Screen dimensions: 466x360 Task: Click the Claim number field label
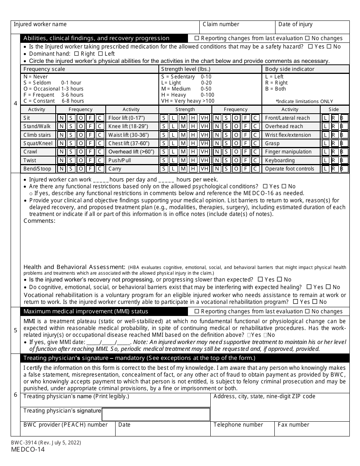(221, 24)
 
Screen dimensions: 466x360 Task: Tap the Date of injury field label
(295, 24)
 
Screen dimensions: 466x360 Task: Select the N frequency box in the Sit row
(61, 118)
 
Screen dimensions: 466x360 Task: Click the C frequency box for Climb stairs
(99, 135)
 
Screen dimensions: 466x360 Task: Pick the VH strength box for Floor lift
(204, 118)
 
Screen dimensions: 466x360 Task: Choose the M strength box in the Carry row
(183, 169)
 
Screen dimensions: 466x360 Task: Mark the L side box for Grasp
(325, 143)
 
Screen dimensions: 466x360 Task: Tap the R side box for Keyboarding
(334, 160)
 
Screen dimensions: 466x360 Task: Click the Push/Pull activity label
(120, 160)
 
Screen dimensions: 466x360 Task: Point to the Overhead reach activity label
(284, 127)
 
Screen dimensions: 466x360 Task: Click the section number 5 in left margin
(16, 330)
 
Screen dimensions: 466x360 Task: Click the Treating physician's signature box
(156, 414)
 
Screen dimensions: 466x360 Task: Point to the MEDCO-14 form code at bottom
(28, 450)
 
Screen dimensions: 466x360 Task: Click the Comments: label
(39, 221)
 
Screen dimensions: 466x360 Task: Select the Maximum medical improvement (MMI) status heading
(86, 311)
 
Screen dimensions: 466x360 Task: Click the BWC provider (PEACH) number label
(66, 425)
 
